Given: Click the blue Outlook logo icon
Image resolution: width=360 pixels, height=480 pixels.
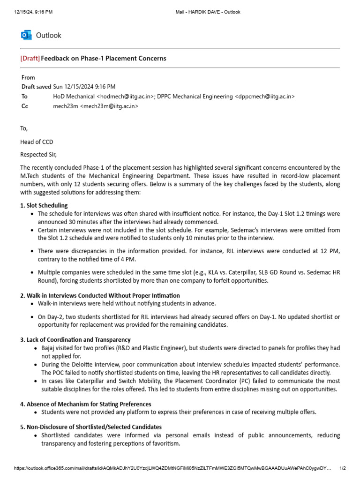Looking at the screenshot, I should coord(26,35).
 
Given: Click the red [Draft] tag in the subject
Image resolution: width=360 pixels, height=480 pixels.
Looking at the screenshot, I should coord(30,59).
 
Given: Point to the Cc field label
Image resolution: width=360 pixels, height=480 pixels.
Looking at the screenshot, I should coord(24,106).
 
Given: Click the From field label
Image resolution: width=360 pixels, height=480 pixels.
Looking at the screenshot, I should coord(28,77).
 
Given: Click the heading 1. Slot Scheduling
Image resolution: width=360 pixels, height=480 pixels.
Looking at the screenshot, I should coord(44,205).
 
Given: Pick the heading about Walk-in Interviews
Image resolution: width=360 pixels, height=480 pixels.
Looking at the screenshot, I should coord(100,295).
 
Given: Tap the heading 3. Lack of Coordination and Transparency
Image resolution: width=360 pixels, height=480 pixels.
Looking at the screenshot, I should coord(75,339).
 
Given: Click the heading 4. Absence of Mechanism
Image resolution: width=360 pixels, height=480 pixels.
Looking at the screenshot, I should coord(85,404).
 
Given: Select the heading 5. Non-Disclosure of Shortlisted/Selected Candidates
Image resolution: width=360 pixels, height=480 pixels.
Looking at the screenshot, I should coord(90,427).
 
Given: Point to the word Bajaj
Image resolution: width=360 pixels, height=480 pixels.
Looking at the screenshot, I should coord(49,348).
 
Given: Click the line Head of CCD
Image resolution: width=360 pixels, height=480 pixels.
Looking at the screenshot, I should coord(37,142).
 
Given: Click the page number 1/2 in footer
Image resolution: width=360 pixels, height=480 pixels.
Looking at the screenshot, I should coord(342,468).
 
